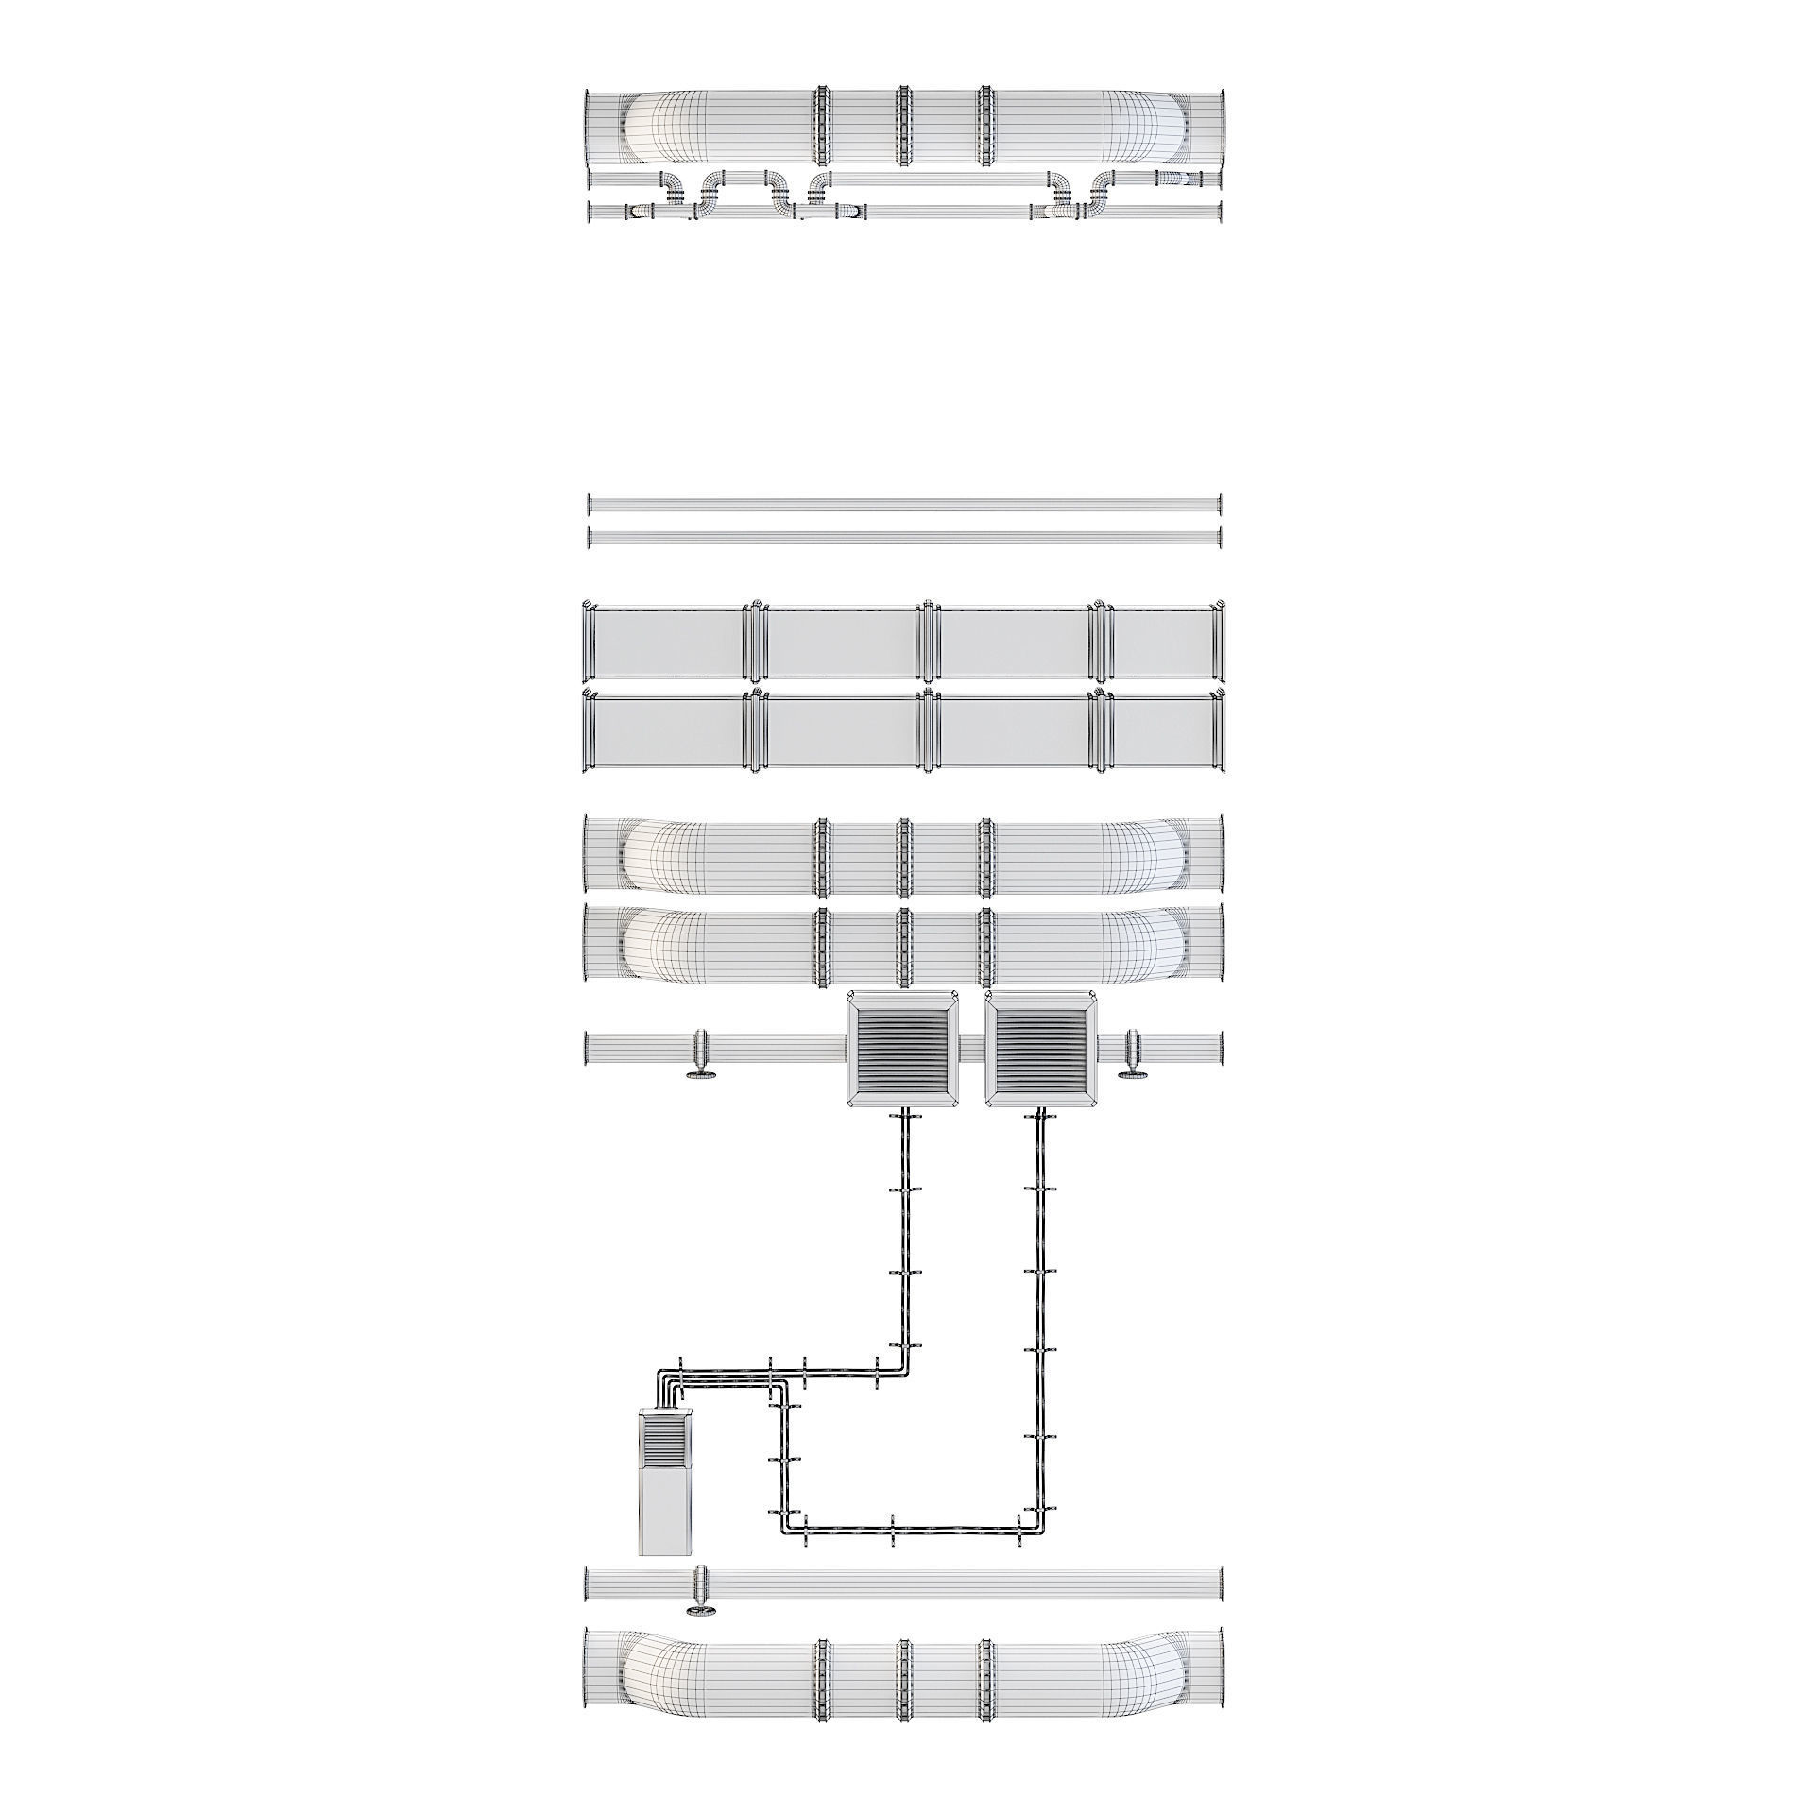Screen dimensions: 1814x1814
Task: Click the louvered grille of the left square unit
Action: (900, 1048)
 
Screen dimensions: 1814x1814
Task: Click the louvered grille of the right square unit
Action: (1041, 1048)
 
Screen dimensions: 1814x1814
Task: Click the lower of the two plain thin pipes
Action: (904, 538)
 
